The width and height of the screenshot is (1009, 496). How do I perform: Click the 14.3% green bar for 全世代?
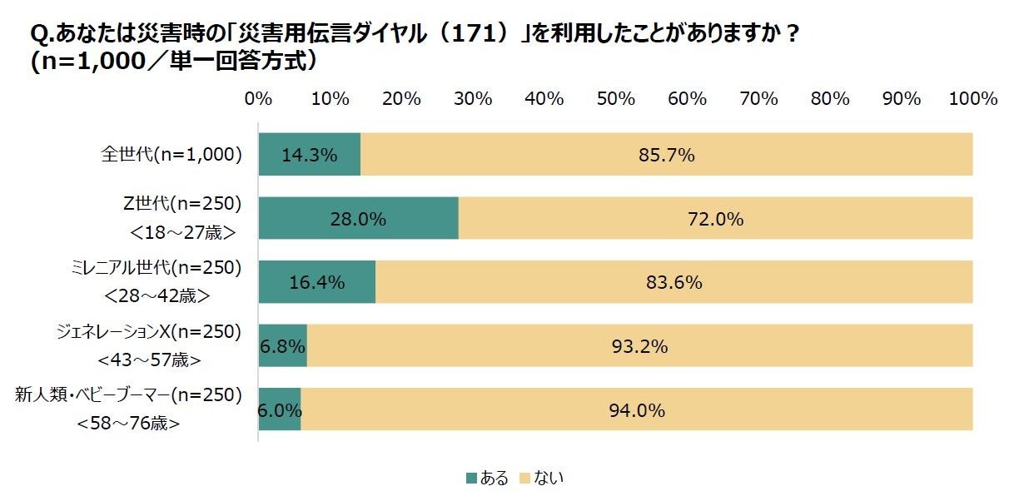[x=309, y=154]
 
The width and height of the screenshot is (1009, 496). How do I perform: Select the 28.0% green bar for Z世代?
[x=358, y=219]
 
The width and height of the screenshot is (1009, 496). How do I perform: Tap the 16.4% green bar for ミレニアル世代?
[x=316, y=282]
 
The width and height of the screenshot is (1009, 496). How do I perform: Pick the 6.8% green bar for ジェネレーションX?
[x=282, y=345]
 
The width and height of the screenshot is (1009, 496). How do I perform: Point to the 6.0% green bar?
[x=279, y=409]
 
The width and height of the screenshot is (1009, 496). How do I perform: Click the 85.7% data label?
[x=666, y=154]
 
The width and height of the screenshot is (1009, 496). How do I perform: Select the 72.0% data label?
[x=715, y=219]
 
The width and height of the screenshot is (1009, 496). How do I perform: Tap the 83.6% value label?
[x=674, y=282]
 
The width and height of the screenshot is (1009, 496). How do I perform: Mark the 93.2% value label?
[x=639, y=345]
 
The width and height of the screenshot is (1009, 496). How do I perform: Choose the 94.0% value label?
[x=637, y=409]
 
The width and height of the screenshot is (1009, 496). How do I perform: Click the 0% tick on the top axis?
[x=258, y=98]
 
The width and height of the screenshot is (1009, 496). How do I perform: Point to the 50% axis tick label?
[x=616, y=98]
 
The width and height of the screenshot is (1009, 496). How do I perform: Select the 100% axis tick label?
[x=972, y=98]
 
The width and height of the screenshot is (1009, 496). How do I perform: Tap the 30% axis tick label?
[x=473, y=98]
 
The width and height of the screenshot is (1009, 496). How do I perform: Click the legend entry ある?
[x=487, y=478]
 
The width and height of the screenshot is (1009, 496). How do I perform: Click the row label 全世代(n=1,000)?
[x=171, y=154]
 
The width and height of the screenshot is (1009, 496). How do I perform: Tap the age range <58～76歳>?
[x=129, y=423]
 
